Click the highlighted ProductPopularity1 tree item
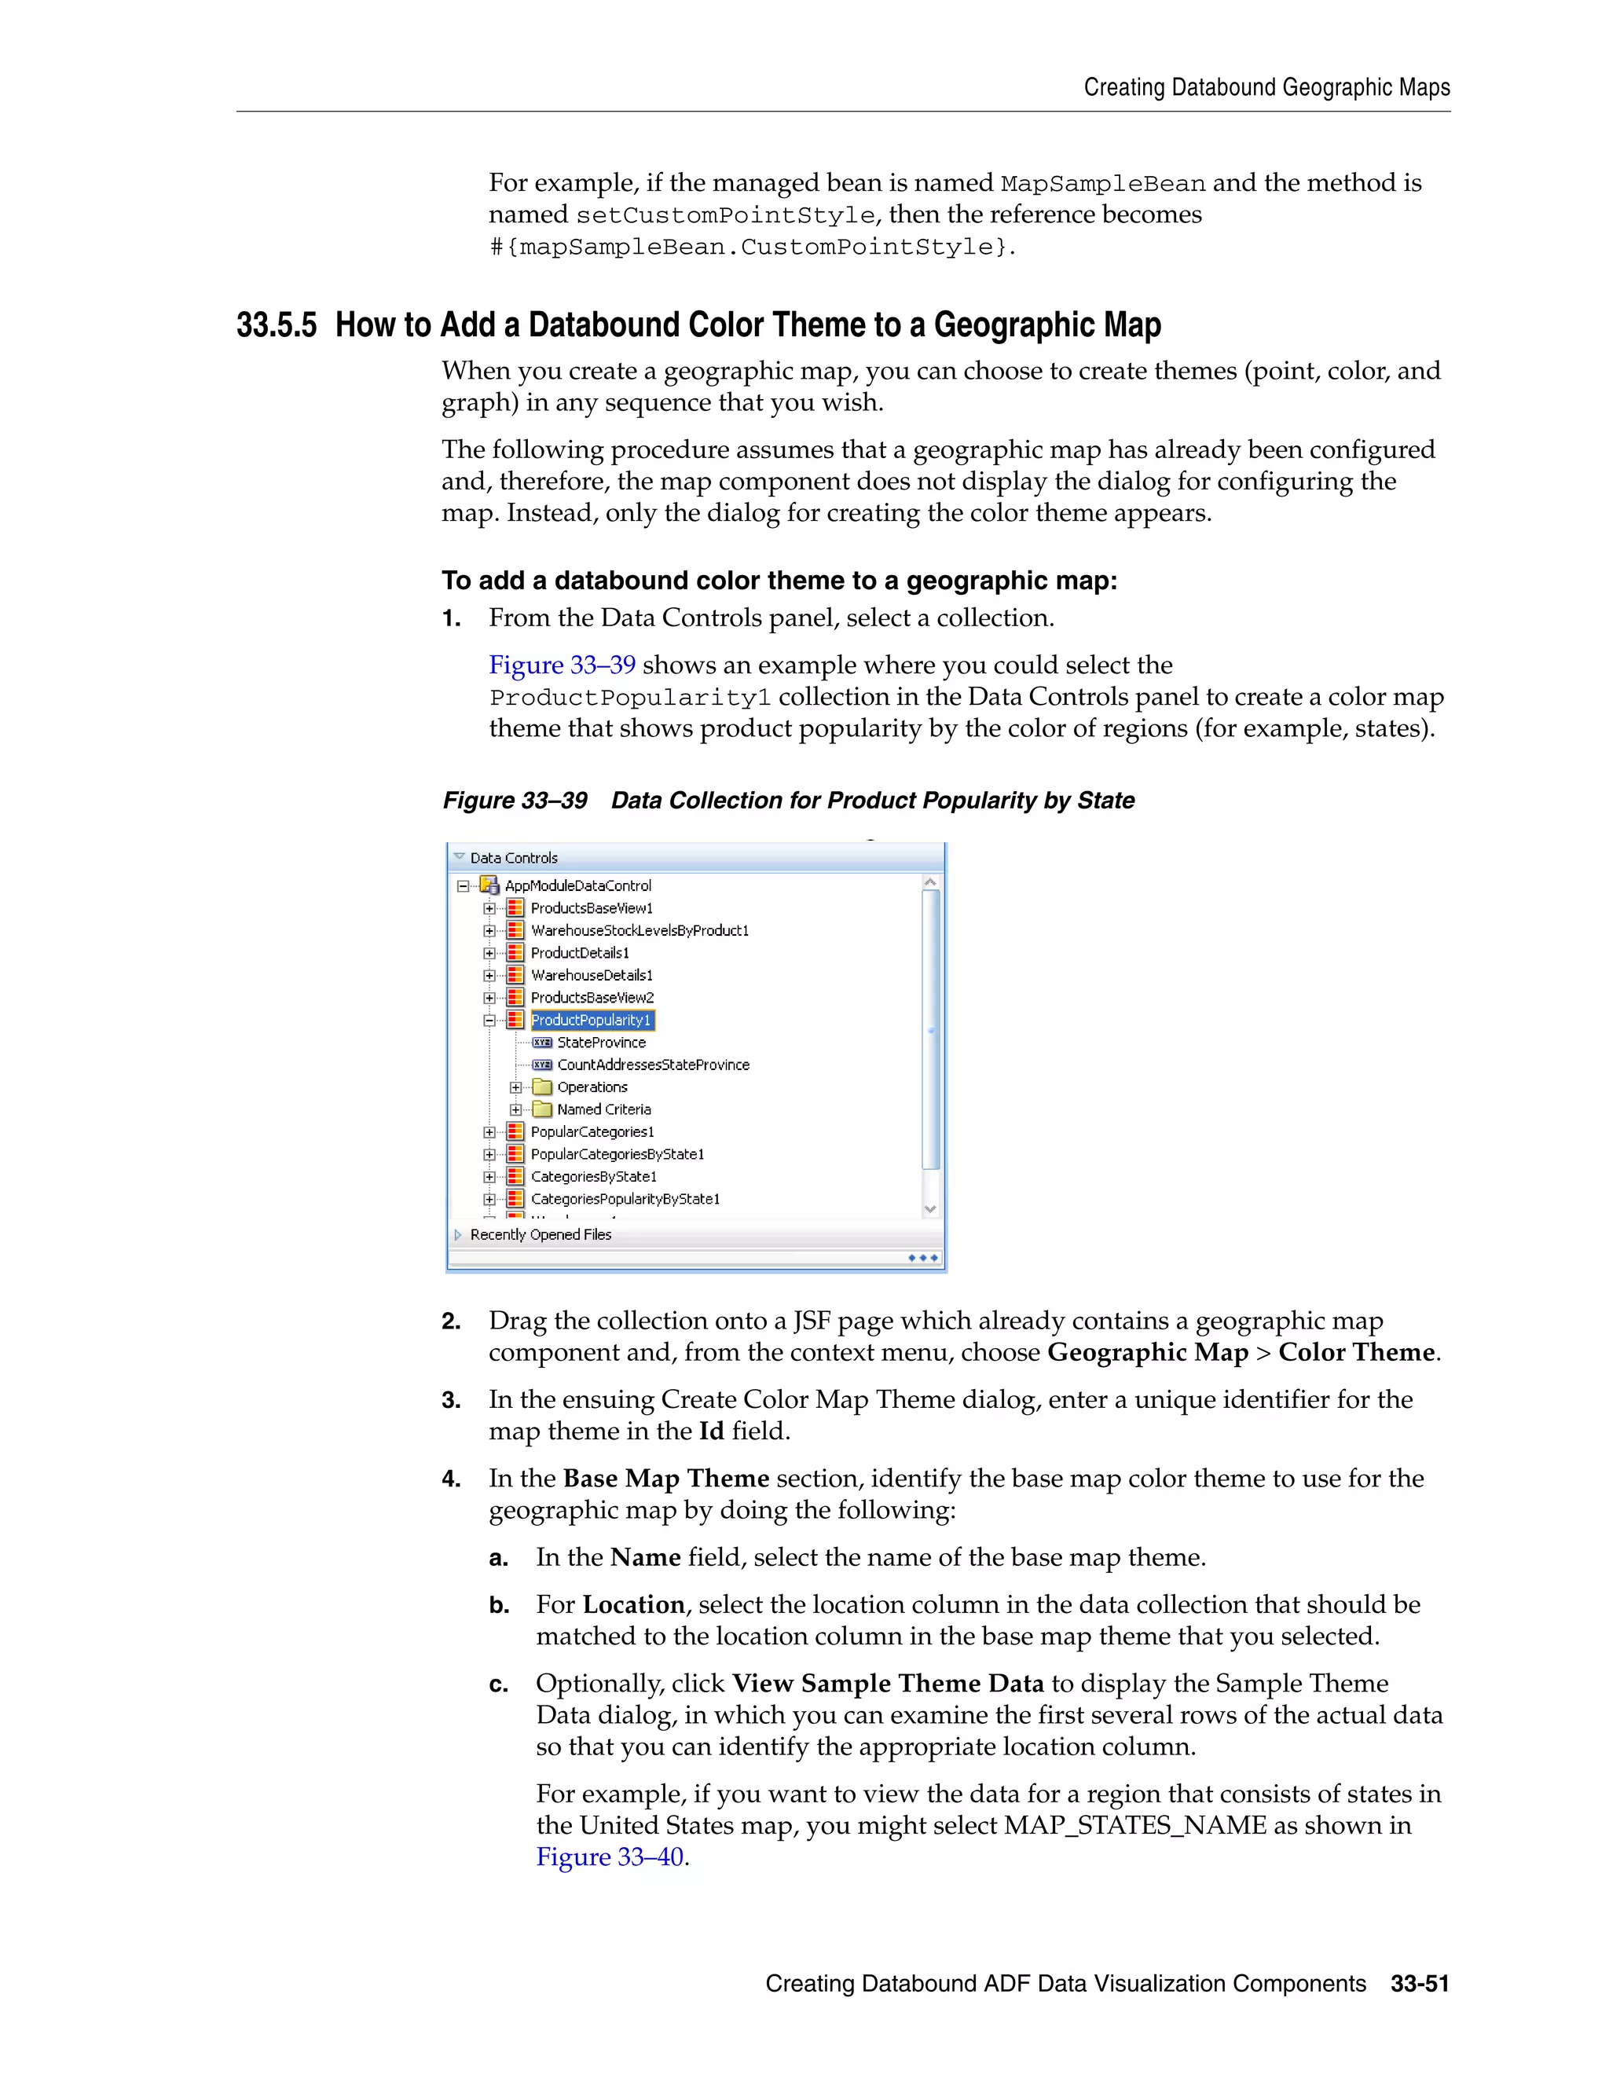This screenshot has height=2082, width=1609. point(591,1020)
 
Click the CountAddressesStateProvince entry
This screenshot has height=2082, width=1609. point(653,1065)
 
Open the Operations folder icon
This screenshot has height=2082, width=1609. point(542,1087)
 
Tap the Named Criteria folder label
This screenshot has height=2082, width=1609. point(603,1109)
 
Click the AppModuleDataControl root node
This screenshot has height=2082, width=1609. point(577,885)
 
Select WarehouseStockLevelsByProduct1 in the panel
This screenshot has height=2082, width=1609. point(640,930)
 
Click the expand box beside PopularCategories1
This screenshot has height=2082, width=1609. point(489,1132)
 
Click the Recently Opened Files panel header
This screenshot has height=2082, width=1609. point(541,1234)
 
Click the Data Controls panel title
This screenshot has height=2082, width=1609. point(514,858)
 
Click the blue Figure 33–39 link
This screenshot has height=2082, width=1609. point(562,665)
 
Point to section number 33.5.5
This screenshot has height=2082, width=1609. point(277,325)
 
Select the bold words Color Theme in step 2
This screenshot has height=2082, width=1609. point(1355,1352)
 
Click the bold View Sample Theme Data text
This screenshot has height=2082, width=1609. point(888,1683)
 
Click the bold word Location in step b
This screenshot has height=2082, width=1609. point(634,1604)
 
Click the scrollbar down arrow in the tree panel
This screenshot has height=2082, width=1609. point(930,1209)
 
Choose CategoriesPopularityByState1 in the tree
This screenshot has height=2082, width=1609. point(625,1199)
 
